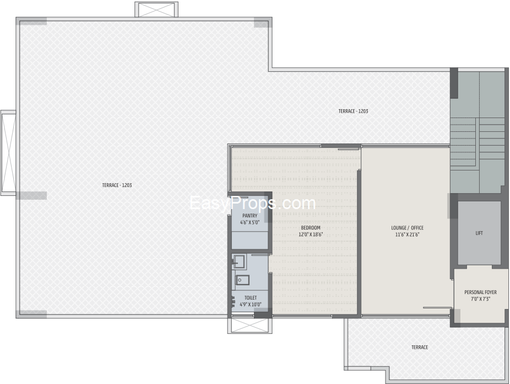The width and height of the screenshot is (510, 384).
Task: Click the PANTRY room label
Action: pyautogui.click(x=250, y=216)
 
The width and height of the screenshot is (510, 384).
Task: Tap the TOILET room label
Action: pyautogui.click(x=251, y=298)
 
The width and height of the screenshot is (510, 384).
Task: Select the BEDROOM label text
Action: pyautogui.click(x=311, y=228)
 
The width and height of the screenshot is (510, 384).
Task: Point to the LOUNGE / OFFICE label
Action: pyautogui.click(x=407, y=228)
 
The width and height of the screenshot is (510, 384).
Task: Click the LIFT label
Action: pyautogui.click(x=479, y=233)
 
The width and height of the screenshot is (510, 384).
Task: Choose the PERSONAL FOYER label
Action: pyautogui.click(x=480, y=292)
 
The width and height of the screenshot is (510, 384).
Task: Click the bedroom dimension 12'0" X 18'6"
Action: pyautogui.click(x=311, y=234)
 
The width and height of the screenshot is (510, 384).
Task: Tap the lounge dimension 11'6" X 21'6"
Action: pyautogui.click(x=407, y=234)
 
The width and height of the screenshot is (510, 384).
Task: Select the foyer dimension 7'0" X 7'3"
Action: pyautogui.click(x=480, y=298)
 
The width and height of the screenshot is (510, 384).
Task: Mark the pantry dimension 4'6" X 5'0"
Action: pyautogui.click(x=250, y=222)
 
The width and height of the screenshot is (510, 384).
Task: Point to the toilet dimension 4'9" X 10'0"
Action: pyautogui.click(x=251, y=305)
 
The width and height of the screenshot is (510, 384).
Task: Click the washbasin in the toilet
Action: pyautogui.click(x=240, y=260)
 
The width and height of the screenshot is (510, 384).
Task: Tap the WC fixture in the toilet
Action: pyautogui.click(x=242, y=280)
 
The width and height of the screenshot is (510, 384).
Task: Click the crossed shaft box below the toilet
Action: pyautogui.click(x=250, y=326)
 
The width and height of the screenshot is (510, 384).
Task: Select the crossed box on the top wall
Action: pyautogui.click(x=156, y=9)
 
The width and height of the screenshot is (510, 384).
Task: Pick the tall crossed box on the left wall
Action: pyautogui.click(x=8, y=153)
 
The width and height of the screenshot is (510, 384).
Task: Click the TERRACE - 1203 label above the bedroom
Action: pyautogui.click(x=353, y=111)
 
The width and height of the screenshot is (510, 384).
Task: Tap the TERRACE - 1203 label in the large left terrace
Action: pyautogui.click(x=117, y=185)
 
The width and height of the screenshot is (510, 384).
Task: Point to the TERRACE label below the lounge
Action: pyautogui.click(x=420, y=347)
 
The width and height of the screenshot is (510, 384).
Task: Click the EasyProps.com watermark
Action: pyautogui.click(x=253, y=203)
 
